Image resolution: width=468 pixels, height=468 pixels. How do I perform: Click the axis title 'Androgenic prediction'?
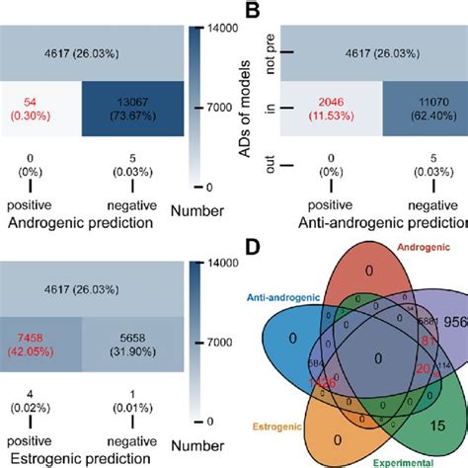[x=87, y=223]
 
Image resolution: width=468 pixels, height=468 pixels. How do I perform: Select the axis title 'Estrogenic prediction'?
[x=87, y=458]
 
